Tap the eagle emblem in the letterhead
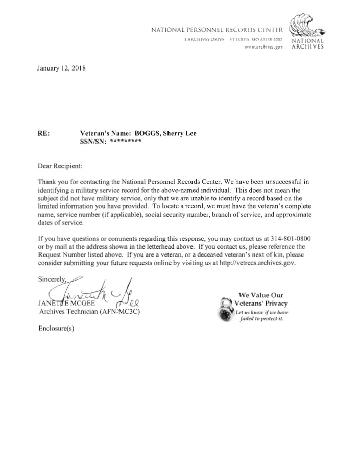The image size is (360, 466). click(x=305, y=26)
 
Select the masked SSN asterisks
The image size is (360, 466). click(x=125, y=142)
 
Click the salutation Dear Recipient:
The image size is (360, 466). click(x=60, y=166)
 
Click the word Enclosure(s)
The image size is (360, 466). click(x=56, y=328)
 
